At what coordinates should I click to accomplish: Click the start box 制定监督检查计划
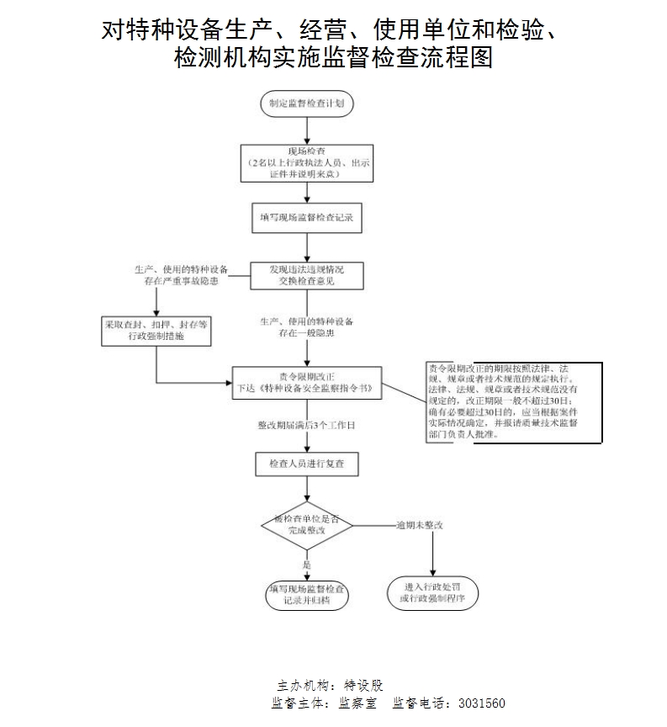click(306, 104)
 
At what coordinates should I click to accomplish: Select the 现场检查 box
click(306, 162)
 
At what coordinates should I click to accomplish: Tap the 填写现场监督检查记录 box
click(306, 217)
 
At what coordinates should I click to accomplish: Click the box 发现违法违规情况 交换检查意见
click(306, 275)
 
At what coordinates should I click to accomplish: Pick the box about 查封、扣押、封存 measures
click(156, 330)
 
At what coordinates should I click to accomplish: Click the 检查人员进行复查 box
click(306, 464)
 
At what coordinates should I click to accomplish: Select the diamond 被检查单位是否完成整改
click(305, 525)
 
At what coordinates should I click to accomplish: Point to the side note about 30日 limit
click(513, 402)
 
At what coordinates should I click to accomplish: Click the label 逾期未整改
click(420, 524)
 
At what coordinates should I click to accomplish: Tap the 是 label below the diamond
click(306, 565)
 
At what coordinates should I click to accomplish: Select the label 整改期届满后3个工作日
click(306, 426)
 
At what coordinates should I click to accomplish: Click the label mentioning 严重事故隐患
click(177, 274)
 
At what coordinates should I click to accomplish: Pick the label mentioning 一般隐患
click(307, 327)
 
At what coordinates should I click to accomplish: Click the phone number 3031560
click(479, 703)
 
